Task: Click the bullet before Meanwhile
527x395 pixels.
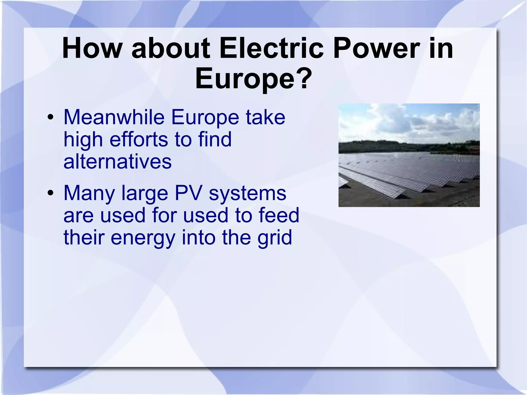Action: [x=50, y=118]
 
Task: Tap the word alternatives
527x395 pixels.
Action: [x=117, y=162]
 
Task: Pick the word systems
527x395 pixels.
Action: [x=247, y=194]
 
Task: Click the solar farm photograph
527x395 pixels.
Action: [x=409, y=155]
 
